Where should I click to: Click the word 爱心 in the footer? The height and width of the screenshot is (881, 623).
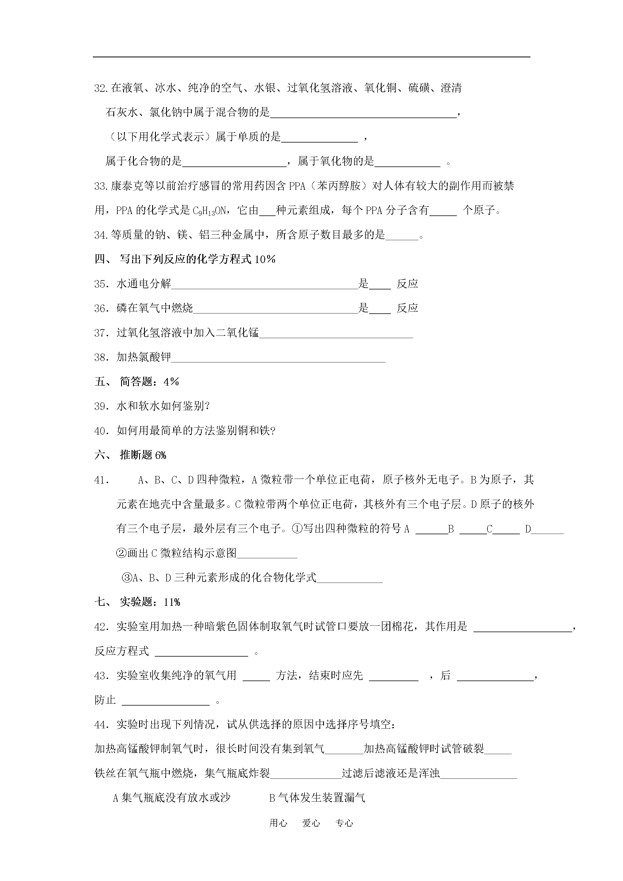[311, 834]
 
